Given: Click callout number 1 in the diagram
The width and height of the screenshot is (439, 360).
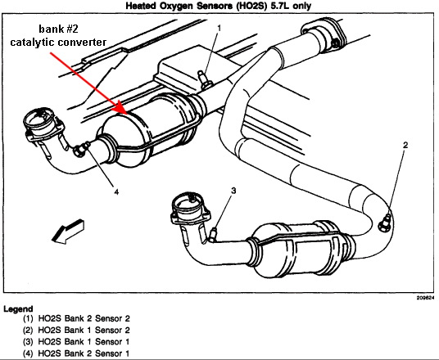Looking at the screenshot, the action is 219,29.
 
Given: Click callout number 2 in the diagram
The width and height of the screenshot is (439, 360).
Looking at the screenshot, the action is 405,145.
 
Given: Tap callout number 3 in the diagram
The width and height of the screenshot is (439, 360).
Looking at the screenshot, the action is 233,191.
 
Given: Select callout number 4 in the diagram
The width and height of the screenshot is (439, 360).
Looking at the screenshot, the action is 116,191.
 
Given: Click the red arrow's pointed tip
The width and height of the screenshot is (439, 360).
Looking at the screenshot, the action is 128,115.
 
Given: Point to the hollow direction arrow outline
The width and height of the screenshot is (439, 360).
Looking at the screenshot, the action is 67,231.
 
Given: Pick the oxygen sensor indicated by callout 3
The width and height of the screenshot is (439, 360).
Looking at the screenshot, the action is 213,234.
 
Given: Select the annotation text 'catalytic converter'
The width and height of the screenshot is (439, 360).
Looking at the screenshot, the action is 58,43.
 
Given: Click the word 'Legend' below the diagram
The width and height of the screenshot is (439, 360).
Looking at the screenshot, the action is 18,309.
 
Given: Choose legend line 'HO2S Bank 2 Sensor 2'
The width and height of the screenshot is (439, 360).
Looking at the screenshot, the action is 76,318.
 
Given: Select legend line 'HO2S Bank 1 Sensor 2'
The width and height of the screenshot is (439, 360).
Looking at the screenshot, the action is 76,330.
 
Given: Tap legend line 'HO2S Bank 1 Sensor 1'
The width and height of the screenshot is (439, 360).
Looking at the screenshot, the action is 76,341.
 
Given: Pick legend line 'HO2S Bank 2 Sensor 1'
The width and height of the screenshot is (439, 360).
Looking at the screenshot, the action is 76,353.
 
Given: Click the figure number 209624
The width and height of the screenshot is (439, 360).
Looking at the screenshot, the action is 425,298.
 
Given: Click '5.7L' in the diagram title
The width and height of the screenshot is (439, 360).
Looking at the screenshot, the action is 280,6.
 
